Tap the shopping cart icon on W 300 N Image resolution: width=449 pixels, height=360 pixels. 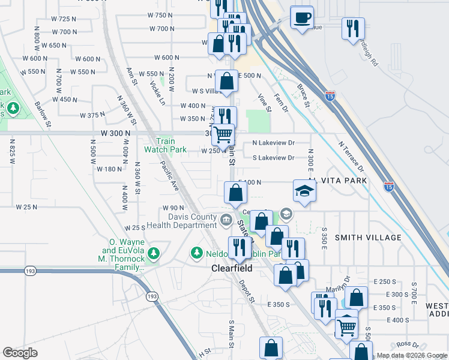click(x=223, y=134)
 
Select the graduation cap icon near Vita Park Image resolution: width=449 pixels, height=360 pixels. click(x=304, y=191)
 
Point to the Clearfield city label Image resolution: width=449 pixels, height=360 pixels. click(x=231, y=269)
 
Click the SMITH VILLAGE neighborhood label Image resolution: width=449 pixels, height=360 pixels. click(x=368, y=238)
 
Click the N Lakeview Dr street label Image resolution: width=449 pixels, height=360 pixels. click(x=274, y=143)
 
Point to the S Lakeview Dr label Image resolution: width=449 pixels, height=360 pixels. click(x=274, y=158)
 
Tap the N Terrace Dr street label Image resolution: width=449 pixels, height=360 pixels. click(x=351, y=156)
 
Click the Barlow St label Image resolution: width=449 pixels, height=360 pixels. click(x=43, y=114)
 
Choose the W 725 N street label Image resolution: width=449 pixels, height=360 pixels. click(x=64, y=19)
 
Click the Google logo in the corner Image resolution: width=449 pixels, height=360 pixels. click(x=20, y=353)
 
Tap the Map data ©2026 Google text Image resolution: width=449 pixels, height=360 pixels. click(x=412, y=355)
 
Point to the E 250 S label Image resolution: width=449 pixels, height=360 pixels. click(x=385, y=281)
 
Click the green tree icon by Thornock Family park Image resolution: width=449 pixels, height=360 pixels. click(x=154, y=253)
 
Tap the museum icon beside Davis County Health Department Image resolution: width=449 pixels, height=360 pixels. click(x=225, y=220)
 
